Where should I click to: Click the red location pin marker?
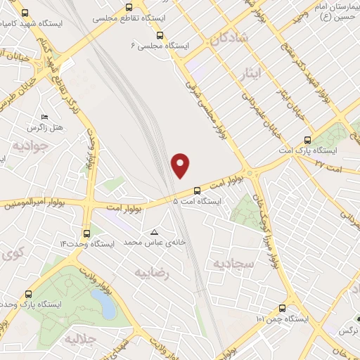pos(181,165)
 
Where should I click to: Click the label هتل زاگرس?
pos(45,128)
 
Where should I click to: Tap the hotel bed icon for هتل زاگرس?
pos(45,117)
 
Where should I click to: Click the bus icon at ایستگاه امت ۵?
pos(197,191)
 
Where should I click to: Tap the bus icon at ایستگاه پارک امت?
pos(305,140)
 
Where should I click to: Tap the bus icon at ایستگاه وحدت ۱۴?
pos(86,233)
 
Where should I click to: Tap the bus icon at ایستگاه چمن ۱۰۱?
pos(283,308)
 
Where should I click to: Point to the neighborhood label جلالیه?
pos(79,339)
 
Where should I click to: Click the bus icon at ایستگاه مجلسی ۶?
pos(160,34)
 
